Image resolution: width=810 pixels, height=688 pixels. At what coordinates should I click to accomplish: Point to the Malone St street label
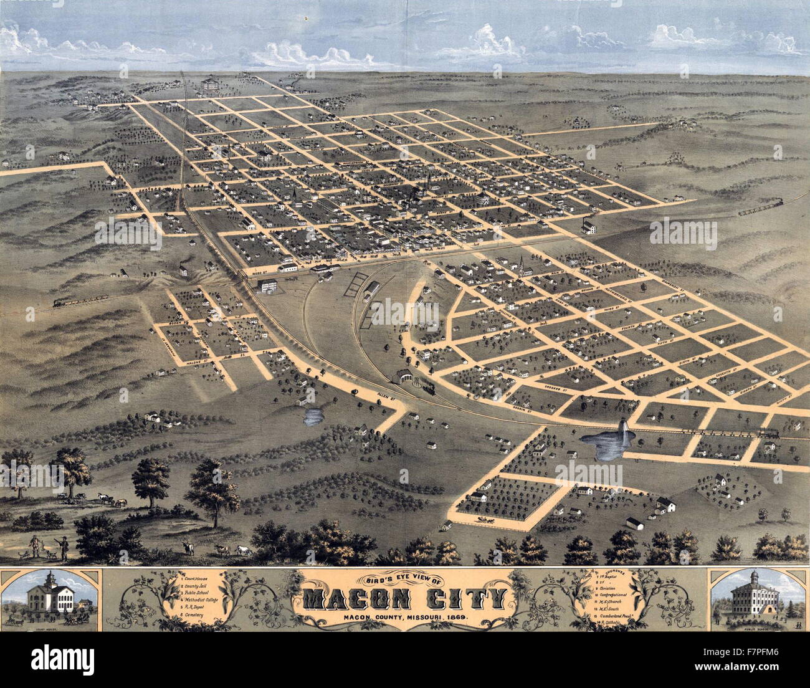[x=202, y=361]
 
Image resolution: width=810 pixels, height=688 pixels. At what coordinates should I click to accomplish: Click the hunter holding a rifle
[x=63, y=547]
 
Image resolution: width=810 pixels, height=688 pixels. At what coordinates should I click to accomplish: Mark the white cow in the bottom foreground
[x=244, y=551]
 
